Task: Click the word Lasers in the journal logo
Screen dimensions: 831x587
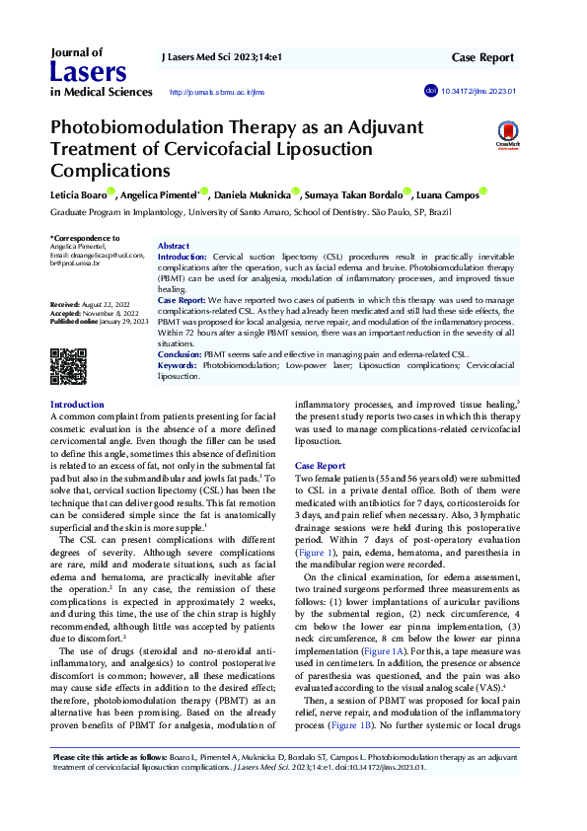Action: (x=88, y=72)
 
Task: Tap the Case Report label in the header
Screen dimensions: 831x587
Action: (x=483, y=58)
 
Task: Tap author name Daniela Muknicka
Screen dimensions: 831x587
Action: (x=256, y=195)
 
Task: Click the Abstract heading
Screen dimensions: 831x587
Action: (x=174, y=245)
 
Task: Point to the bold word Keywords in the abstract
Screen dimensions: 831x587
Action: (x=178, y=365)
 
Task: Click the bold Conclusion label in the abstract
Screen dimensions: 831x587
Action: (x=181, y=353)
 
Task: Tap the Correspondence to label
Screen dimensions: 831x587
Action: (x=85, y=238)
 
